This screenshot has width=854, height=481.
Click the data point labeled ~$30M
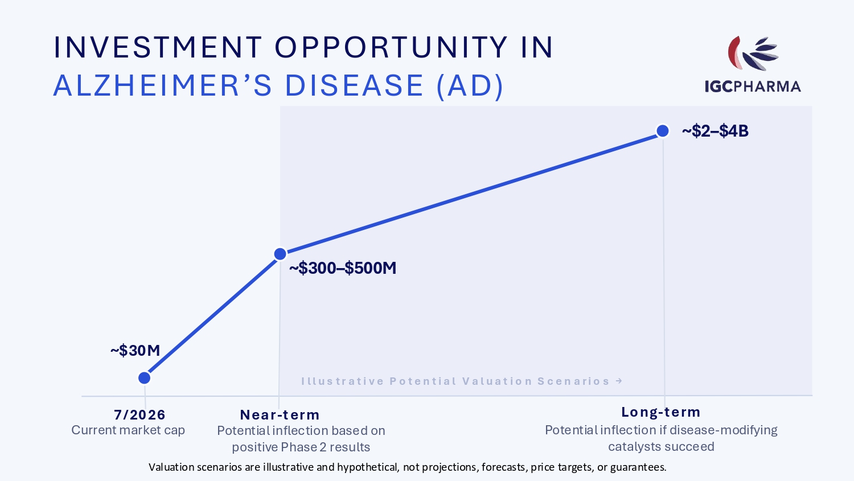(145, 378)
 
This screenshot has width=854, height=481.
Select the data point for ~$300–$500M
(280, 254)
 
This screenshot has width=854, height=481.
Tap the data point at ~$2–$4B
(663, 131)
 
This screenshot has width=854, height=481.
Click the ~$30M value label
(136, 350)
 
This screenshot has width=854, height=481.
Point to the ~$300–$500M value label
(343, 268)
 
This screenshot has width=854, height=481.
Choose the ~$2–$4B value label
(715, 131)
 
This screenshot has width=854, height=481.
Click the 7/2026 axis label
(139, 414)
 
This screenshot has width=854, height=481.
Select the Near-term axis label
(280, 414)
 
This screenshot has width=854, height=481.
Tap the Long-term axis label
(661, 412)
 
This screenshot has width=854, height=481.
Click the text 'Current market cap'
(128, 430)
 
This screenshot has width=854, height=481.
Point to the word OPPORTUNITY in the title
(391, 48)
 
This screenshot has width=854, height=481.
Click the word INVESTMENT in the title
(158, 48)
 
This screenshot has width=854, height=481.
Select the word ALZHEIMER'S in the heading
(162, 85)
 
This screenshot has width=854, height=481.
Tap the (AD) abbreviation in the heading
(470, 86)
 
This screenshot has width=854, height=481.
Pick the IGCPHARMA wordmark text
(753, 87)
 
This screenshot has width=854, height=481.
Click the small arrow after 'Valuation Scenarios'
(619, 381)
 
